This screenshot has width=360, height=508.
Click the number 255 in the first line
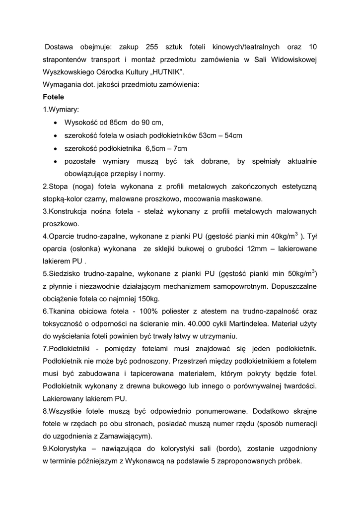coord(152,47)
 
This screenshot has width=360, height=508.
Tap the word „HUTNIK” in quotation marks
coord(161,72)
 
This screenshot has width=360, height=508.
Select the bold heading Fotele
coord(54,97)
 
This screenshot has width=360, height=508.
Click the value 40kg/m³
coord(283,235)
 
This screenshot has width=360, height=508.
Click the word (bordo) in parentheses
coord(227,448)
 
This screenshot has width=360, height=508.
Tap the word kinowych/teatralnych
coord(243,47)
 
